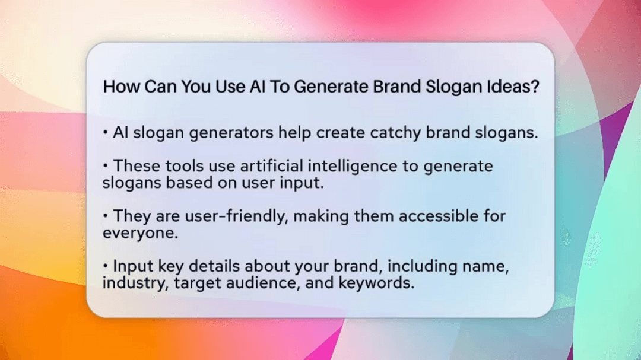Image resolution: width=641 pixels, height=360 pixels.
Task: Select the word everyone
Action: [140, 233]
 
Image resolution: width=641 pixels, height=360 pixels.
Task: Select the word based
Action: [179, 183]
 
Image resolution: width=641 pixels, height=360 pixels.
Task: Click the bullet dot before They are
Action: [106, 216]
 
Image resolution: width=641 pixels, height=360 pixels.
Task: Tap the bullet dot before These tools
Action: [106, 166]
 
